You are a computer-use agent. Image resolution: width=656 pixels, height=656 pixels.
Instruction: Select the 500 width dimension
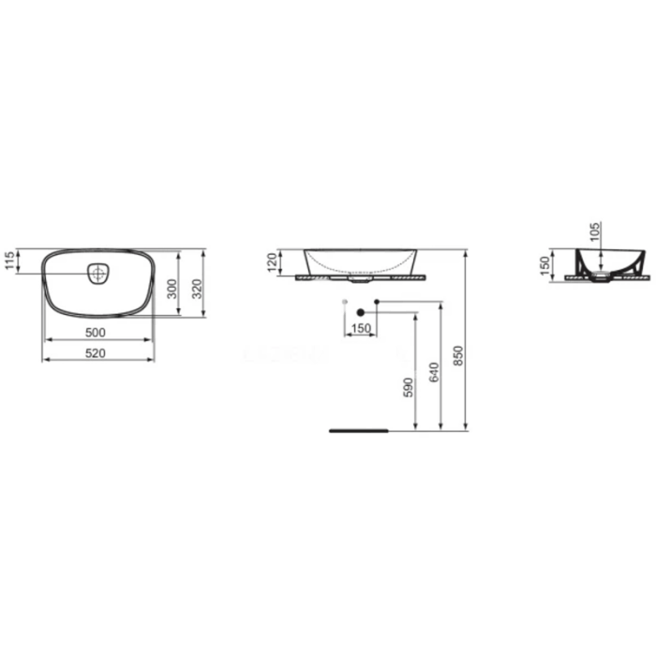96,332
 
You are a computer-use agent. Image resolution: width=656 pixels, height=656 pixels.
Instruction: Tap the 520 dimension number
96,352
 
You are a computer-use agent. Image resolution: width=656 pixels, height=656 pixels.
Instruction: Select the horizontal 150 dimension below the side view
360,329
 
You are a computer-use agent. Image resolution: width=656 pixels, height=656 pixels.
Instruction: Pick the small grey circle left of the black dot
346,301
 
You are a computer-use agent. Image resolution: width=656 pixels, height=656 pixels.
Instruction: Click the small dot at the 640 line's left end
376,301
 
